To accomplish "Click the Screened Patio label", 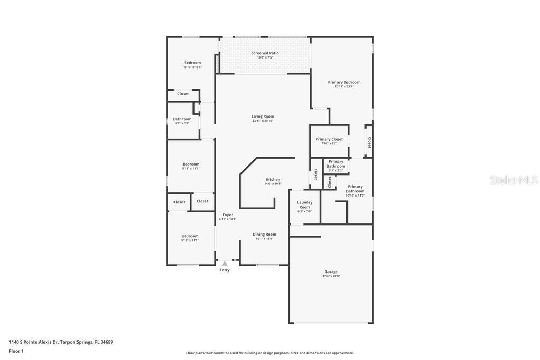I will (265, 53).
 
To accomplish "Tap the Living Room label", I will (263, 116).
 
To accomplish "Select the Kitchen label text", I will (273, 179).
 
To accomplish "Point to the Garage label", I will (331, 272).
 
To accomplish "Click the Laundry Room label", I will (305, 205).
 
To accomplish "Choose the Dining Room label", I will (264, 235).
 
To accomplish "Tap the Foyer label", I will (228, 215).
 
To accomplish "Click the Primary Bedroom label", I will (344, 82).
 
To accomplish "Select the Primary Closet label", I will (329, 139).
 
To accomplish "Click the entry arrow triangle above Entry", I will (225, 264).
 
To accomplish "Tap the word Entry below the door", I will (225, 270).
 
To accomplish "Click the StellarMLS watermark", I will (514, 180).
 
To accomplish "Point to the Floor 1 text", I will (16, 351).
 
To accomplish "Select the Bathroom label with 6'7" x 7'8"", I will (182, 119).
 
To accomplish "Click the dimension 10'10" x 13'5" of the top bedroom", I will (192, 67).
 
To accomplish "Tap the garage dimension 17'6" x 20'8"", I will (331, 276).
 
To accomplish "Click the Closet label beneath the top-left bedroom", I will (183, 94).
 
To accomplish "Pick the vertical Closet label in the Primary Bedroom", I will (369, 142).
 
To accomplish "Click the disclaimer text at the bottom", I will (269, 353).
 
